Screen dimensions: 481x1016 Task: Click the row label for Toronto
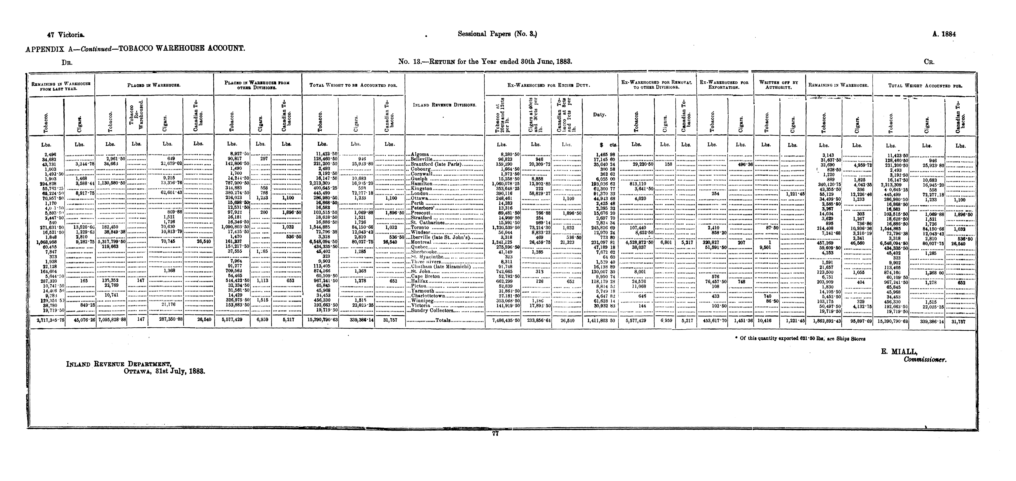click(418, 228)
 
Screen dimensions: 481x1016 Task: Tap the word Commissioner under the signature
click(925, 360)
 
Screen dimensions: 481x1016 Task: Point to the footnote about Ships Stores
click(803, 338)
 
